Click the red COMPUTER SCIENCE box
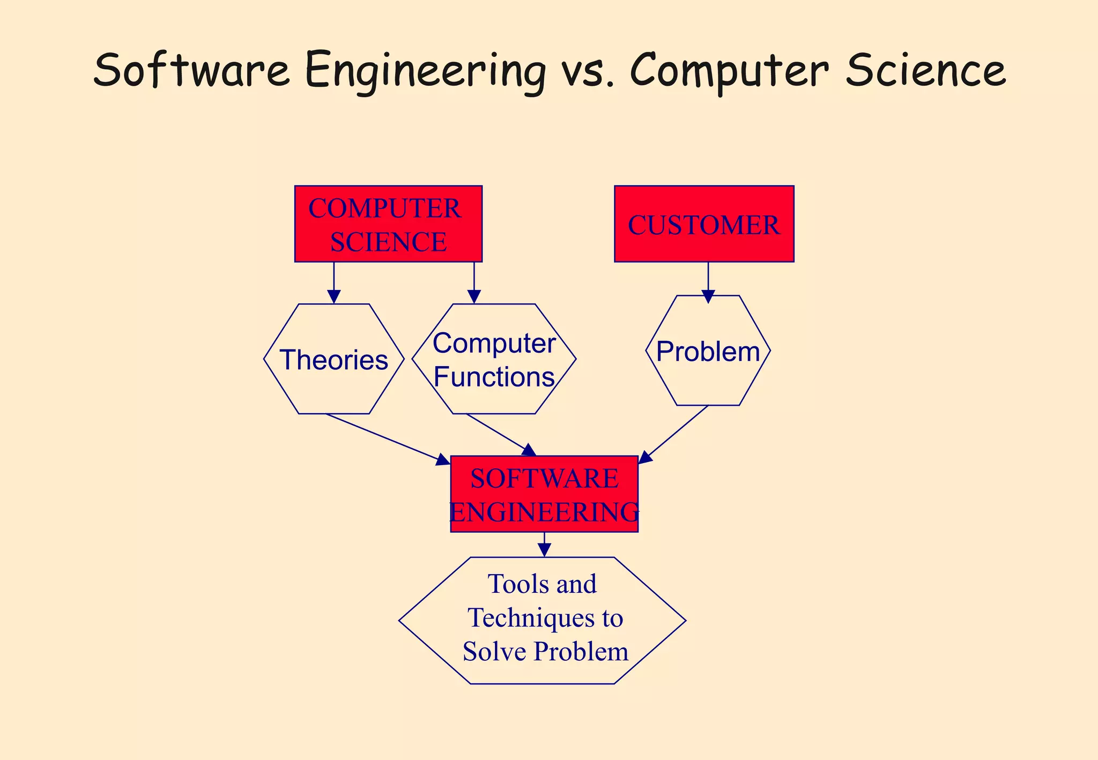click(388, 223)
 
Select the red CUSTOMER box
click(704, 223)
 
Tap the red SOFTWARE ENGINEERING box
click(544, 494)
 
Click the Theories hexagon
click(333, 359)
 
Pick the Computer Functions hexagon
click(494, 359)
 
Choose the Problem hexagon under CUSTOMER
click(708, 351)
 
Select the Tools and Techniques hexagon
click(542, 620)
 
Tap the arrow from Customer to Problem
click(708, 281)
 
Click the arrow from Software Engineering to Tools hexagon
click(544, 545)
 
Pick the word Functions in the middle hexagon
click(494, 377)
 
